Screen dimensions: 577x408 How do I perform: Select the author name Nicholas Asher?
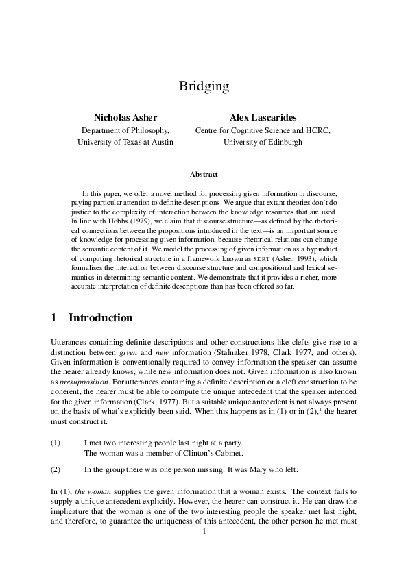(x=125, y=117)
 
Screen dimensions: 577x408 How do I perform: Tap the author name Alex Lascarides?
(x=263, y=117)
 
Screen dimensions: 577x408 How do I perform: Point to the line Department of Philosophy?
(x=125, y=130)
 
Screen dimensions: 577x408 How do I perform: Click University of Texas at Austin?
(x=125, y=142)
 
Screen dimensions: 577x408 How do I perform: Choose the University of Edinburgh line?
(x=263, y=142)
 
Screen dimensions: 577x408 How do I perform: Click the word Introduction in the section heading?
(x=101, y=318)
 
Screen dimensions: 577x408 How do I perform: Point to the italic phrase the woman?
(x=89, y=491)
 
